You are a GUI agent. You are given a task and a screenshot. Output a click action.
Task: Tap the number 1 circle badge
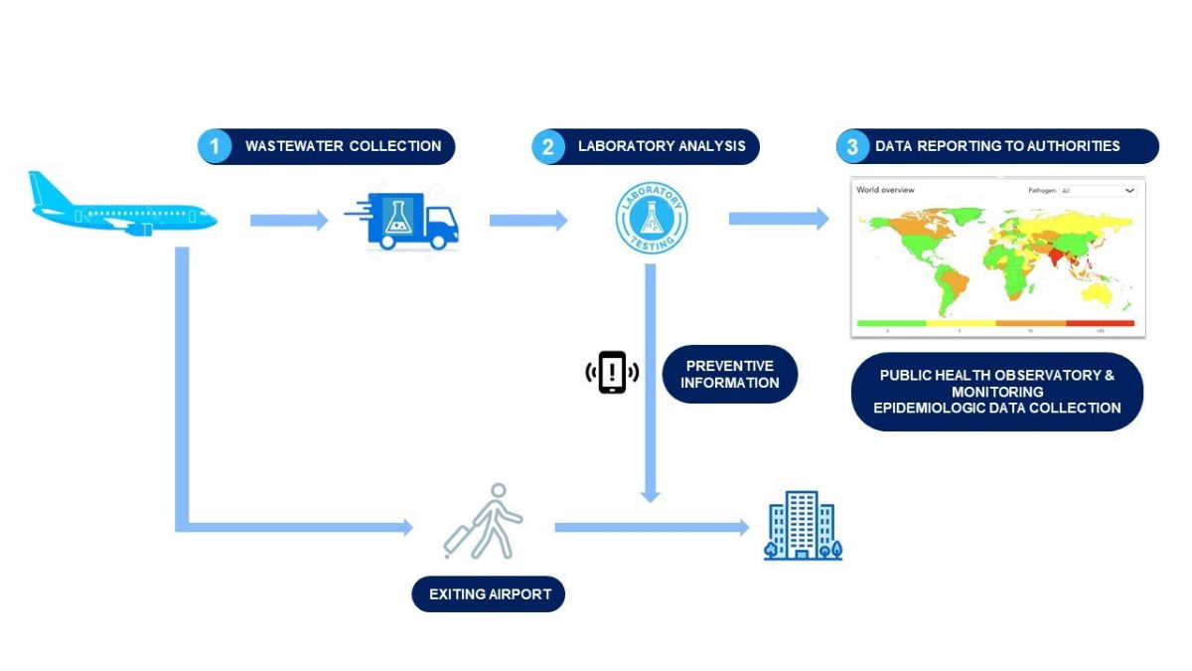tap(214, 147)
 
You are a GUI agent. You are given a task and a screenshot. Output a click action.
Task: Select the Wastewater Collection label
tap(343, 146)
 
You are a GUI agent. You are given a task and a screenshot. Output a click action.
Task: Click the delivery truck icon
tap(402, 222)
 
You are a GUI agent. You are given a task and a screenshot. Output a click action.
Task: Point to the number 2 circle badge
tap(547, 147)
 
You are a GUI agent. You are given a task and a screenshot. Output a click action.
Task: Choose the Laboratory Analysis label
tap(662, 146)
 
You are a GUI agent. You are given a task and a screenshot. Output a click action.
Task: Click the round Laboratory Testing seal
tap(651, 218)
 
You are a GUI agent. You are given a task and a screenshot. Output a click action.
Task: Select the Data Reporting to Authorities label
tap(997, 146)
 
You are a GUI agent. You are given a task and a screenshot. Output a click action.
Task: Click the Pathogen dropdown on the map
tap(1097, 190)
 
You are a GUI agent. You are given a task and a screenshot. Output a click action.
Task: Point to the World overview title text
tap(885, 190)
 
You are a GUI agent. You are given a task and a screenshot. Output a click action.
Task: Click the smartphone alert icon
tap(612, 373)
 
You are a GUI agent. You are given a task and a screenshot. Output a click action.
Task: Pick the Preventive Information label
tap(730, 374)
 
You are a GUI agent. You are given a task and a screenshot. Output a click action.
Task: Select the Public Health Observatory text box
tap(997, 392)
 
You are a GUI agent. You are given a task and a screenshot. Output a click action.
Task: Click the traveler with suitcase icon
tap(484, 521)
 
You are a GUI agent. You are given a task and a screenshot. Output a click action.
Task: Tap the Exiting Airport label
tap(488, 595)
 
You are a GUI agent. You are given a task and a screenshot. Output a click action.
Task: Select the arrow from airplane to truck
tap(288, 221)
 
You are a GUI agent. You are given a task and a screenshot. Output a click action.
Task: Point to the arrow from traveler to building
tap(651, 527)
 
